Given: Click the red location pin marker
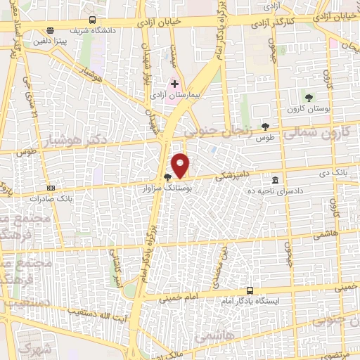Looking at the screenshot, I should (181, 165).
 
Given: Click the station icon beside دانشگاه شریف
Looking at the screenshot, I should (50, 30).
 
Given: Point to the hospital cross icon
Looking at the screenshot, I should (175, 84).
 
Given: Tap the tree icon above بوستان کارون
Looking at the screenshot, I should (309, 97).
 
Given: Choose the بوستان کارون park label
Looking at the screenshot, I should (303, 109).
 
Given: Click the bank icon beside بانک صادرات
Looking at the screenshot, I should (51, 188).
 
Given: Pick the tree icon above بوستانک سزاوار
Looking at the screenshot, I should (167, 177).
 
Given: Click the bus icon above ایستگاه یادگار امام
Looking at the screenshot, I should (250, 290).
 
